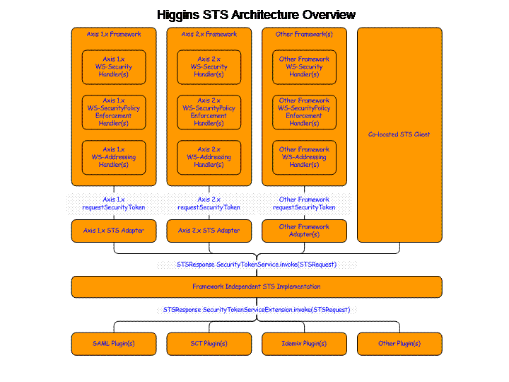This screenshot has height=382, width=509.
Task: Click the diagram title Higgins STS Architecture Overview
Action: click(256, 15)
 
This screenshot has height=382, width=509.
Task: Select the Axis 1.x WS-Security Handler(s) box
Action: click(114, 67)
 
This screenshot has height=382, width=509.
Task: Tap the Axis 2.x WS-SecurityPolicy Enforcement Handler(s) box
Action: click(209, 112)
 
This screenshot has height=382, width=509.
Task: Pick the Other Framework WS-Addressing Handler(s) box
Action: click(304, 157)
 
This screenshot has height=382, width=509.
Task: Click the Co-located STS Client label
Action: click(399, 134)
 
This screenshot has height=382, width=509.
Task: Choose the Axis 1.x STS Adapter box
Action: click(114, 231)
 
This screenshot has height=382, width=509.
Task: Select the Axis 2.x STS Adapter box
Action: click(209, 231)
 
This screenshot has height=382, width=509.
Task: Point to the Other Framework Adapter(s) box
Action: click(304, 231)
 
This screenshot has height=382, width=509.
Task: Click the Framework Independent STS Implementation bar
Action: click(257, 286)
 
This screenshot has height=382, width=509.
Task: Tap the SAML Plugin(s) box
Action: click(114, 344)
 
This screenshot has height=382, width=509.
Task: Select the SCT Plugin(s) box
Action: click(209, 344)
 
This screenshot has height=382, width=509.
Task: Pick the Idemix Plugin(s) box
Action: click(304, 344)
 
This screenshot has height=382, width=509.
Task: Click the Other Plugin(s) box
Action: click(399, 344)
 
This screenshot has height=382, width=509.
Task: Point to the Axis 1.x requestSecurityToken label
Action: click(114, 203)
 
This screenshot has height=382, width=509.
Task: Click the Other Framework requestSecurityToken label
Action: click(304, 203)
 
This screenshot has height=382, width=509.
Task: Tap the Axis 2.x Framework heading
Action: click(209, 34)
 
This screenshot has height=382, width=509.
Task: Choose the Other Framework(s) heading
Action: click(304, 34)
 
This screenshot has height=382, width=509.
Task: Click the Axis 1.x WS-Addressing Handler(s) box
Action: click(114, 157)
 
